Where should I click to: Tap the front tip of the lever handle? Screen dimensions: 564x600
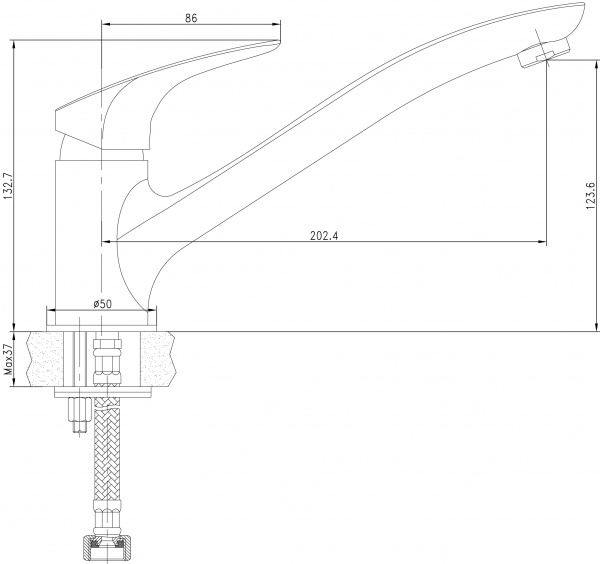pyautogui.click(x=275, y=41)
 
